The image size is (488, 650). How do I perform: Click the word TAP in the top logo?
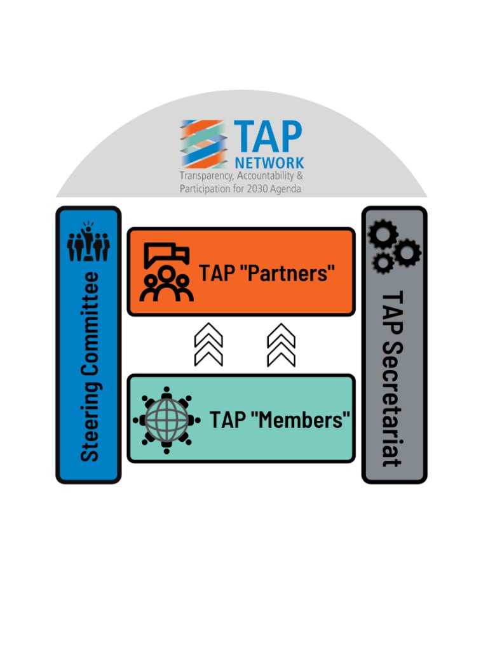tap(268, 136)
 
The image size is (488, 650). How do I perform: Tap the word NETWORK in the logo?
tap(269, 162)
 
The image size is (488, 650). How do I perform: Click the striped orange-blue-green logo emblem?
tap(202, 143)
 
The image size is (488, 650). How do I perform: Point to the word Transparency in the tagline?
tap(202, 176)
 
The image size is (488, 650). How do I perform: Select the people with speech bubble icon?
tap(166, 272)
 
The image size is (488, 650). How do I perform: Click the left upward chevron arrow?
tap(208, 344)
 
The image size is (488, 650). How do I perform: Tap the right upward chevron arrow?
tap(281, 344)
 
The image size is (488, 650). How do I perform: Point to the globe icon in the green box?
tap(166, 420)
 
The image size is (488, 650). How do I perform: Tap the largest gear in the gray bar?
tap(383, 236)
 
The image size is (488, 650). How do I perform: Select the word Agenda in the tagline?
tap(285, 189)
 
